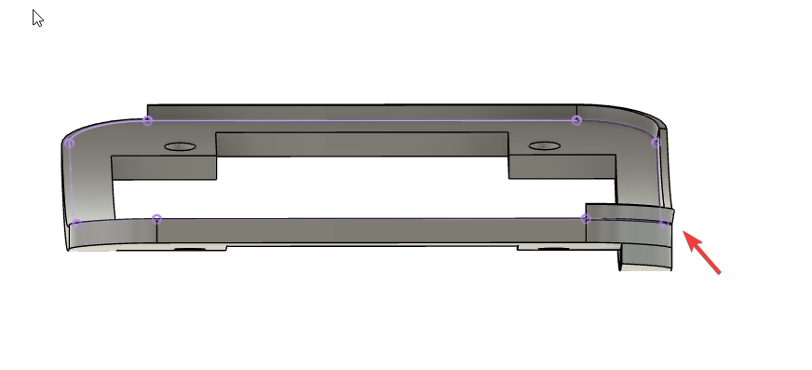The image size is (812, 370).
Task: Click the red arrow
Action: click(703, 253)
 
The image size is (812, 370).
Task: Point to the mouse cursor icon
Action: click(37, 18)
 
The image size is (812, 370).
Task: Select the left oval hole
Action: click(180, 147)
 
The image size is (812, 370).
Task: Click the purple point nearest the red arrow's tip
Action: click(663, 224)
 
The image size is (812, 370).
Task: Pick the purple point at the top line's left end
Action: click(147, 120)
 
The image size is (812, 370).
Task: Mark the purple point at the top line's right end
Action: click(577, 120)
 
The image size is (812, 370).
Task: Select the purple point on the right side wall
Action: click(656, 143)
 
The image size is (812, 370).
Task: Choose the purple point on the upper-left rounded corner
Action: click(70, 144)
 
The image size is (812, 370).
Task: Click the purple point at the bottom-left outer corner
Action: click(76, 223)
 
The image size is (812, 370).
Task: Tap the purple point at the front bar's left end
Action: click(157, 219)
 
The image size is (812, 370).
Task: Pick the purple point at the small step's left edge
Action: click(585, 218)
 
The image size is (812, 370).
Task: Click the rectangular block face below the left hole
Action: click(164, 168)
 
